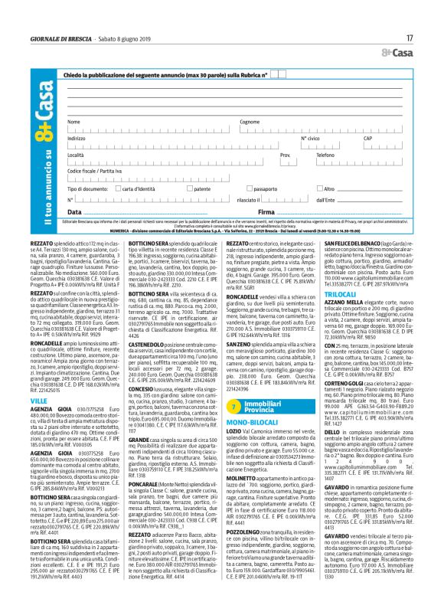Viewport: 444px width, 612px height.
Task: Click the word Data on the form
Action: (74, 211)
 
